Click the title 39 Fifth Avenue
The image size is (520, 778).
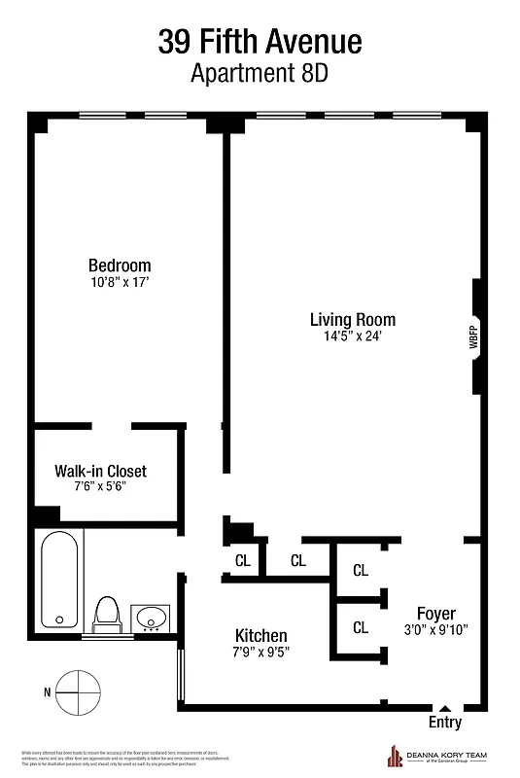pyautogui.click(x=260, y=42)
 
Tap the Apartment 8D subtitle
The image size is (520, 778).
pyautogui.click(x=260, y=72)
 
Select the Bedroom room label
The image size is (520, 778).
pyautogui.click(x=120, y=265)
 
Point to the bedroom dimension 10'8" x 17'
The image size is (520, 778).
pyautogui.click(x=120, y=283)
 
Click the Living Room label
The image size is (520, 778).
pyautogui.click(x=353, y=319)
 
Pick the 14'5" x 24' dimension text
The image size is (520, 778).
pyautogui.click(x=353, y=336)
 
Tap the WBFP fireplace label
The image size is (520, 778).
pyautogui.click(x=473, y=336)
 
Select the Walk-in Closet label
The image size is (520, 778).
pyautogui.click(x=100, y=472)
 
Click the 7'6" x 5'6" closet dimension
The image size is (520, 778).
pyautogui.click(x=100, y=487)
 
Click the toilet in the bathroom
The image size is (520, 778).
pyautogui.click(x=106, y=613)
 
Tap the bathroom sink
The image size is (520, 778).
pyautogui.click(x=151, y=617)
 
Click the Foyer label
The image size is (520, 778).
pyautogui.click(x=436, y=614)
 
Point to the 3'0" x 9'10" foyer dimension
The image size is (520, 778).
pyautogui.click(x=436, y=629)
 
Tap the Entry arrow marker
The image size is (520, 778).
pyautogui.click(x=445, y=709)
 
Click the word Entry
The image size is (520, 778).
pyautogui.click(x=445, y=723)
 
